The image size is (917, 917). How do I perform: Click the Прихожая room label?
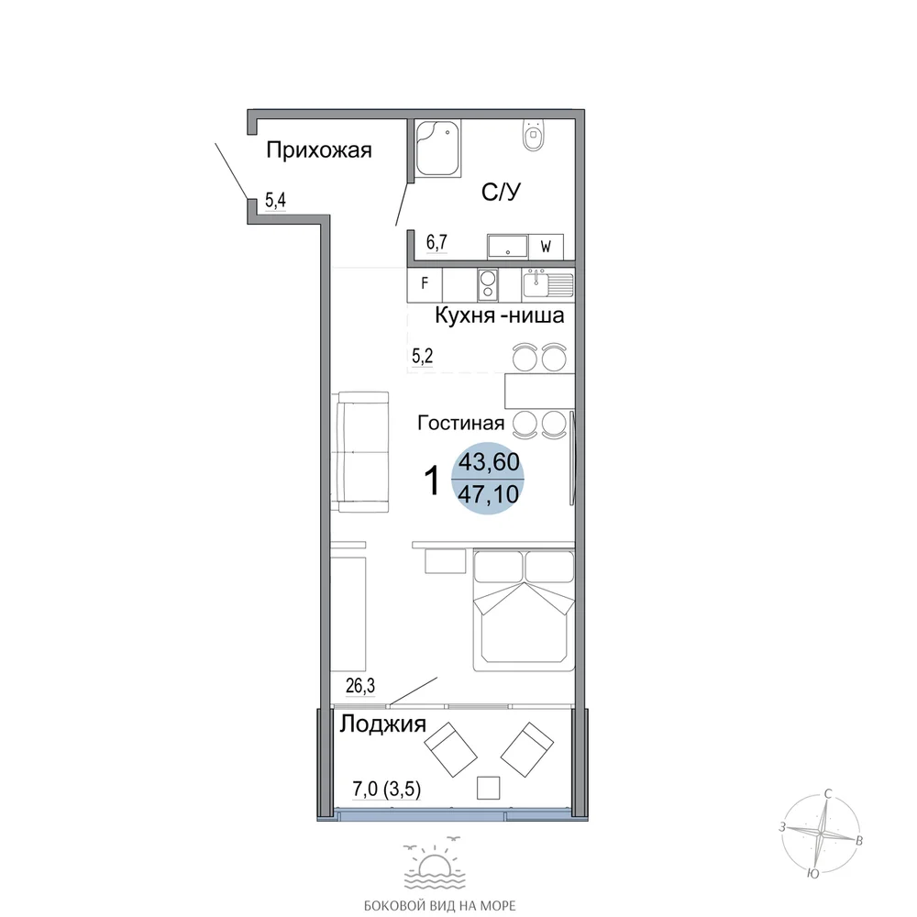click(319, 151)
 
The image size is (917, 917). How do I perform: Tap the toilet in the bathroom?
click(533, 135)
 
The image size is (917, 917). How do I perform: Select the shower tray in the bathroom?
click(437, 148)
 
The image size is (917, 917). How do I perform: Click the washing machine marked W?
click(546, 247)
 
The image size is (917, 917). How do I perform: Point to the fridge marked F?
click(425, 283)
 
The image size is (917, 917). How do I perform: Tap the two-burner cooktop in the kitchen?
click(488, 285)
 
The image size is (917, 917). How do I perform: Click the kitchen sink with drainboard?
click(548, 284)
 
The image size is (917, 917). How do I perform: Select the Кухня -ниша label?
click(500, 315)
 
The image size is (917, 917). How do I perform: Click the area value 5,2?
click(422, 356)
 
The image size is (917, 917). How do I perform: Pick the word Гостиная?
click(461, 423)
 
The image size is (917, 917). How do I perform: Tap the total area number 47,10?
click(489, 495)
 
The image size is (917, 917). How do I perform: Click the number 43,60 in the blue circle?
click(489, 462)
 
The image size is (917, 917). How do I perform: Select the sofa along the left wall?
click(363, 452)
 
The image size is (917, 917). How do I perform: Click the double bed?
click(524, 610)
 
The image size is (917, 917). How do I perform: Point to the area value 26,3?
click(360, 685)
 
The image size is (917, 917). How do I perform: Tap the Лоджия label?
click(383, 725)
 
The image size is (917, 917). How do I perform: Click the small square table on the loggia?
click(489, 788)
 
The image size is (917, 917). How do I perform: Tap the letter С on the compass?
click(827, 793)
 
